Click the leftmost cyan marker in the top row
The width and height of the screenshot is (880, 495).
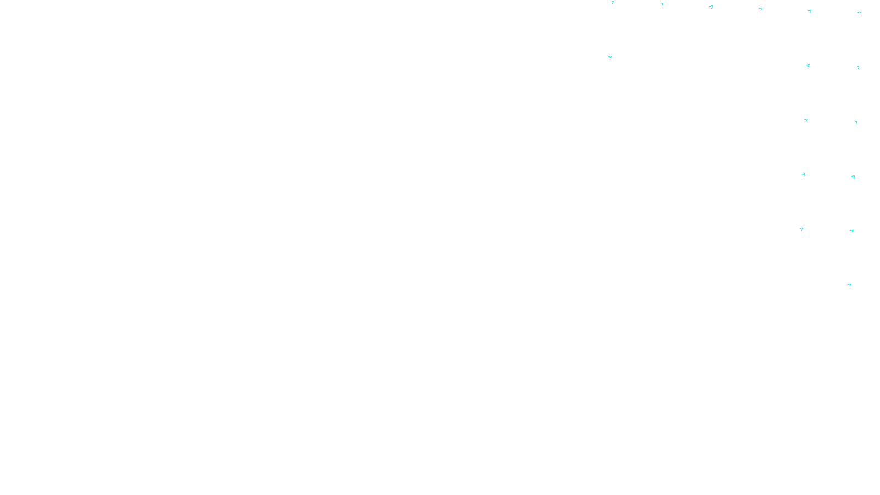(612, 3)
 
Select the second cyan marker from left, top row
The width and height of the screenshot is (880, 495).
(662, 5)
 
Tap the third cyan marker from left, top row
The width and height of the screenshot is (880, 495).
(711, 7)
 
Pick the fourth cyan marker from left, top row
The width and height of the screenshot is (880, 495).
(761, 9)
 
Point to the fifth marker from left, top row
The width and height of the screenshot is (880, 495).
(810, 11)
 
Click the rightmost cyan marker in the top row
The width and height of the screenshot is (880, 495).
(859, 13)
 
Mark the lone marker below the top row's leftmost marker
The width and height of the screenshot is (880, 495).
(610, 57)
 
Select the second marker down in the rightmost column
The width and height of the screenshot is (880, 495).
(857, 68)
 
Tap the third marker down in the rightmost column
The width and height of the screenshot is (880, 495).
(855, 123)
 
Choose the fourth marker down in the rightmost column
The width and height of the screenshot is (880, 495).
(853, 177)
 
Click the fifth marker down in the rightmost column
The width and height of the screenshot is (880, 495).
(851, 232)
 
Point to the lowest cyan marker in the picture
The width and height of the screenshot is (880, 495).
(849, 285)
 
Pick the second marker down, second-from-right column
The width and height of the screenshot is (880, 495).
(808, 66)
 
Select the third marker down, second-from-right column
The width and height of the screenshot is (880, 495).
(806, 120)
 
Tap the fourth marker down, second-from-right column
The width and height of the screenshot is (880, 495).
(804, 175)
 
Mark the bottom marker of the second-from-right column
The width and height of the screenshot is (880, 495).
(801, 229)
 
